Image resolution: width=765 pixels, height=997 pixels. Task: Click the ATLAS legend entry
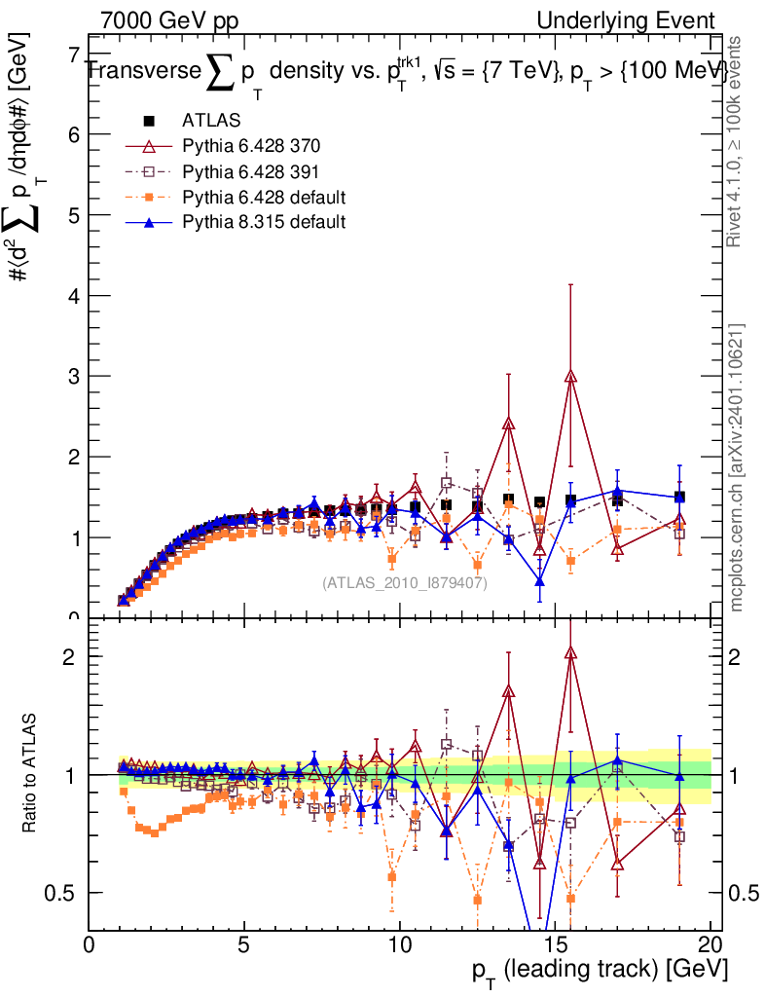[x=204, y=121]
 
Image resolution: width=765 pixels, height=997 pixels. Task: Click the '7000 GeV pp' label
[x=169, y=20]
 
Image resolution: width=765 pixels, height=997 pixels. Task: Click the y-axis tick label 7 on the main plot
[x=72, y=55]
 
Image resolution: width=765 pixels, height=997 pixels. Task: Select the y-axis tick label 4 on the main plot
[x=72, y=295]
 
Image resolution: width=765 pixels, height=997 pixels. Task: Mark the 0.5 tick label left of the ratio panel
[x=58, y=893]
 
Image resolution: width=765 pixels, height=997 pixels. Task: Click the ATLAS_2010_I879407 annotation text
[x=404, y=582]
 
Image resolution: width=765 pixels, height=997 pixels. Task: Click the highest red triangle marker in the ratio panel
[x=570, y=653]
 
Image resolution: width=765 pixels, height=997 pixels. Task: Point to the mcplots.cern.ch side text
[x=737, y=467]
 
